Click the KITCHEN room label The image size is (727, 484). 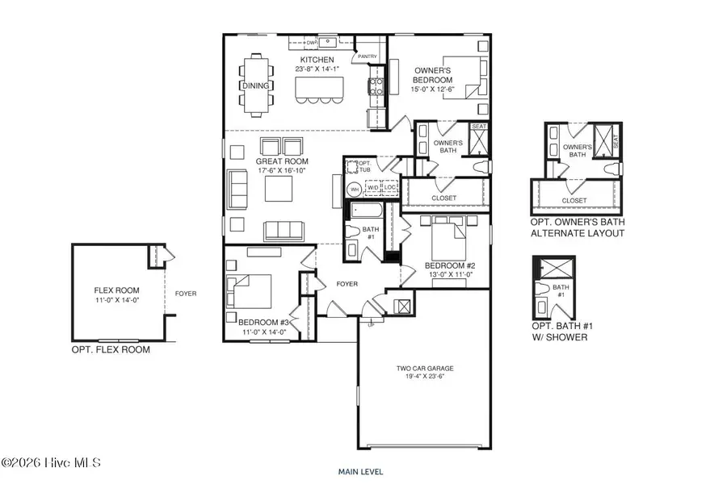[x=317, y=60]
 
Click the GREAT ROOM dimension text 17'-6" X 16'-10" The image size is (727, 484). [x=280, y=170]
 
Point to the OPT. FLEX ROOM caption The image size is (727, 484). [x=111, y=350]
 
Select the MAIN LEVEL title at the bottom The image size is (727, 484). [x=360, y=472]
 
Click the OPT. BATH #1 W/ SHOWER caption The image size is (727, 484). [x=559, y=332]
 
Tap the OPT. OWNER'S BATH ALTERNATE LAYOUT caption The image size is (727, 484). [x=577, y=227]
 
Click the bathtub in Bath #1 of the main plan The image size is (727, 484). [x=365, y=211]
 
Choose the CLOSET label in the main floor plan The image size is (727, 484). [x=443, y=198]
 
